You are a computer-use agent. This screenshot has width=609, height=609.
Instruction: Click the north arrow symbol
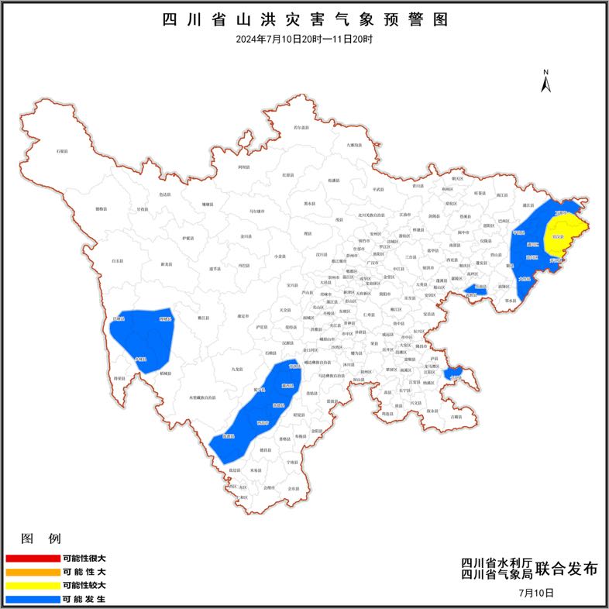pyautogui.click(x=545, y=81)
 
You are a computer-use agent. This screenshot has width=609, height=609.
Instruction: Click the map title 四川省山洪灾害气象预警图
pyautogui.click(x=304, y=19)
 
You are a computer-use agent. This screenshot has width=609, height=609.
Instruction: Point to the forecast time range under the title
pyautogui.click(x=304, y=38)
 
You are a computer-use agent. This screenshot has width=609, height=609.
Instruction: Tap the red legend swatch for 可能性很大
pyautogui.click(x=32, y=558)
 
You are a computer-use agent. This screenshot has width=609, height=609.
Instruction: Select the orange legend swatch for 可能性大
pyautogui.click(x=32, y=572)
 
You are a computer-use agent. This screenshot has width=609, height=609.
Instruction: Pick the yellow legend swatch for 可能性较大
pyautogui.click(x=32, y=585)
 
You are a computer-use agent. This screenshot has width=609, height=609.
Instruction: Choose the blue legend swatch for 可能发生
pyautogui.click(x=32, y=599)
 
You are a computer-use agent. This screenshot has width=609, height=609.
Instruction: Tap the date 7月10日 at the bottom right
pyautogui.click(x=536, y=593)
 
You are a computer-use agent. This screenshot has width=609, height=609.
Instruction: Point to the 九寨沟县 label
pyautogui.click(x=353, y=145)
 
